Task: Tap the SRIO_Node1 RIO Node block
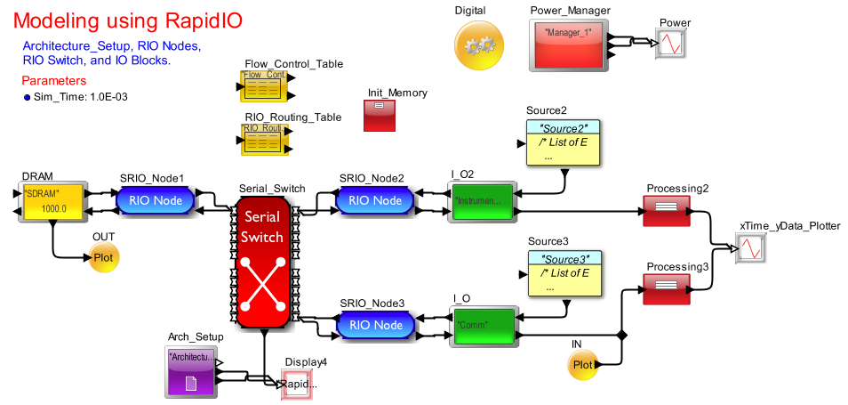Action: coord(156,200)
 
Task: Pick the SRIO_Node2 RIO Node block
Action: coord(374,200)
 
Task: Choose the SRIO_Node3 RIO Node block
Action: coord(374,325)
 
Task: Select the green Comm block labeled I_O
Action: coord(481,326)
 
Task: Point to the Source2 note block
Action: coord(563,142)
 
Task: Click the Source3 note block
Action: coord(564,273)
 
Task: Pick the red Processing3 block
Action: coord(666,290)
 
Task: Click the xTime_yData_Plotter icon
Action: coord(751,247)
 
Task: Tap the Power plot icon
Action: coord(670,45)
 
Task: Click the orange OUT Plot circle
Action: coord(102,256)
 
